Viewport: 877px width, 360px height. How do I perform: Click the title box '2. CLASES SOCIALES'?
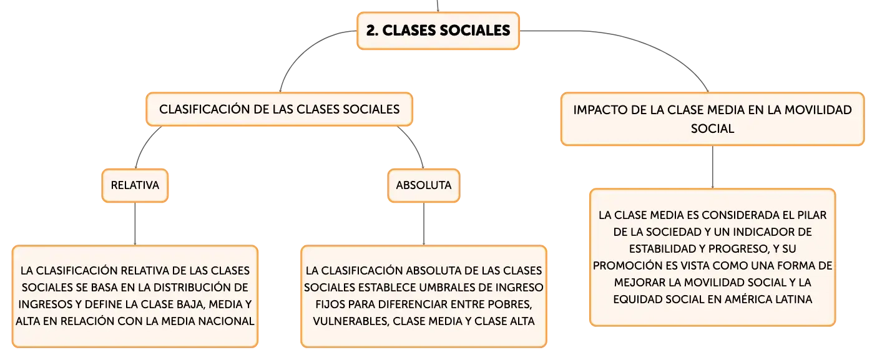(438, 31)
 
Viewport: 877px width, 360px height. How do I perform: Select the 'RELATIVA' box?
(135, 185)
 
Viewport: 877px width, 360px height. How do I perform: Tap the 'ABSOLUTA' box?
(424, 185)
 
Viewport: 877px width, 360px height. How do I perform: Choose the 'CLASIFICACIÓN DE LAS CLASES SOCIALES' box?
(280, 109)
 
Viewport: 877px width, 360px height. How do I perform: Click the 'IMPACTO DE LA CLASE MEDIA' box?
(713, 119)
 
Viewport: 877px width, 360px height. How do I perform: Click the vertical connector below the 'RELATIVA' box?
(135, 224)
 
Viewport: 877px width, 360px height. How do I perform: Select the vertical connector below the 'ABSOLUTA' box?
(424, 224)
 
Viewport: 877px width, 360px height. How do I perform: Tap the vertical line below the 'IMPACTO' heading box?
(713, 167)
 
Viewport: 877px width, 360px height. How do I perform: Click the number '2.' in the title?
(372, 31)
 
